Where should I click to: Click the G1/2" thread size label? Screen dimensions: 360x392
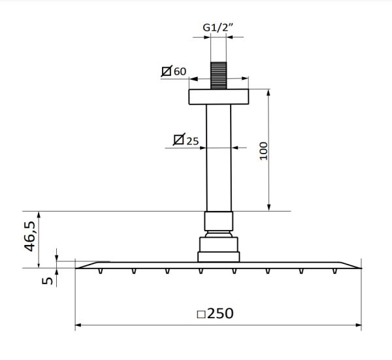click(219, 29)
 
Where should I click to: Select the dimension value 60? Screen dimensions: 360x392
click(180, 71)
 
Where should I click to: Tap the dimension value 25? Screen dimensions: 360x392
click(193, 140)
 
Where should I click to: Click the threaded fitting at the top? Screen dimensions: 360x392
click(219, 76)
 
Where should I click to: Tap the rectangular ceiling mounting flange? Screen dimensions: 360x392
click(219, 97)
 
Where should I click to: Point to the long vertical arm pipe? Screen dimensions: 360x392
click(219, 157)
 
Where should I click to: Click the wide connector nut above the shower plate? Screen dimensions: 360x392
click(219, 248)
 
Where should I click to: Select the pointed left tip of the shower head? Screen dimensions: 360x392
click(78, 267)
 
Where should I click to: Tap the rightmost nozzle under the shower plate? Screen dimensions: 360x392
click(336, 270)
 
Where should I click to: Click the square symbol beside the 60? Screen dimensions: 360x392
click(167, 71)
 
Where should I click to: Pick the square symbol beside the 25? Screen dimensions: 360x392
click(178, 140)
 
